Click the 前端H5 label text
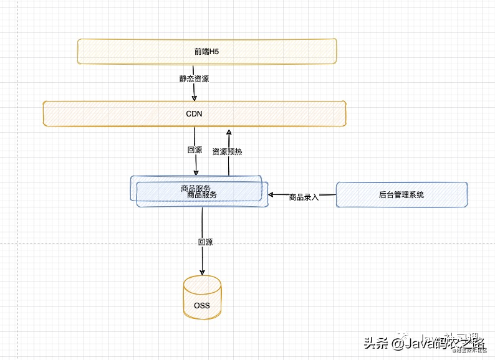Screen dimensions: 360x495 [206, 52]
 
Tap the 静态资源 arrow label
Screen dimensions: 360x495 [194, 79]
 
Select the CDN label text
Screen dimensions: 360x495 [194, 114]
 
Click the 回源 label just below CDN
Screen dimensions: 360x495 [195, 150]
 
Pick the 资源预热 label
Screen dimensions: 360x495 [228, 151]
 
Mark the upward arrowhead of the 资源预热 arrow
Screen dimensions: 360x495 [229, 131]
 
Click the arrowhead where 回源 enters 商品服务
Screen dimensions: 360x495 [196, 173]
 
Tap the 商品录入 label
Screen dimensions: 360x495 [304, 197]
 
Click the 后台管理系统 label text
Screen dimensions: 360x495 [401, 195]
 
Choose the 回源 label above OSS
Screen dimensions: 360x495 [205, 242]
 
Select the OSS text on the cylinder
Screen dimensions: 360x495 [202, 305]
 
